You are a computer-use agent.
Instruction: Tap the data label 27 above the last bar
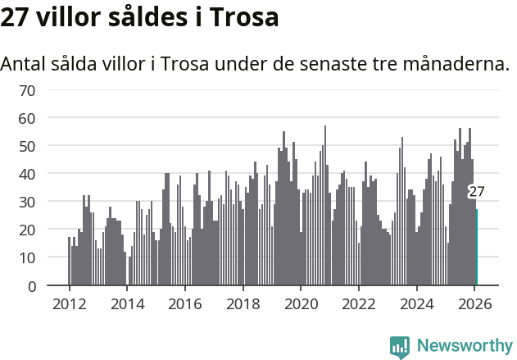476,192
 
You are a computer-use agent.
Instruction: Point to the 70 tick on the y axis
26,90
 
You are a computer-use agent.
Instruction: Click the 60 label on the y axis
26,118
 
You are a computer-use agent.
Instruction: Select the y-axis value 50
26,146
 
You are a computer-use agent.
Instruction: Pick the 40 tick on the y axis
26,174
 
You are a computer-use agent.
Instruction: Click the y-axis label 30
26,202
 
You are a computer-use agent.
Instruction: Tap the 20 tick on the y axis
26,230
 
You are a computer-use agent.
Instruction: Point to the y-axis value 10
26,257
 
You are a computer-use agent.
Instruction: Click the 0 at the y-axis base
31,285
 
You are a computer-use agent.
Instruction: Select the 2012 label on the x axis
69,303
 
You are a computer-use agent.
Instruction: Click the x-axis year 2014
127,303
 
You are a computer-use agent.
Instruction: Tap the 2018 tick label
243,303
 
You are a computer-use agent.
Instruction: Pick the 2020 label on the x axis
301,303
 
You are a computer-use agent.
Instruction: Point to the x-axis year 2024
417,303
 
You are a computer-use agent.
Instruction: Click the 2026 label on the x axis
474,303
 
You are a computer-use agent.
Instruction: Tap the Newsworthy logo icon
400,346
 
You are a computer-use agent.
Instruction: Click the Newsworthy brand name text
464,346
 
